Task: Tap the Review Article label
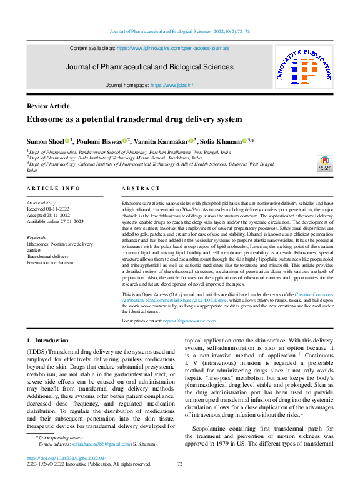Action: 48,106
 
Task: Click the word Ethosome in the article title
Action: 46,119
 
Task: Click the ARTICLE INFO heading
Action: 54,188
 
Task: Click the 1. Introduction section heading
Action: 47,341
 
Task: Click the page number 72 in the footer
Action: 180,464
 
